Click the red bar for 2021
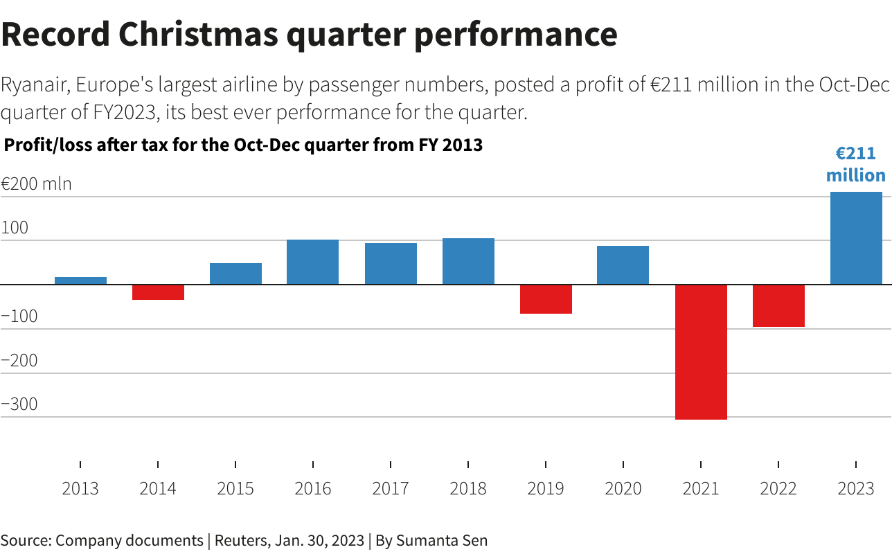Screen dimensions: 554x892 coord(701,352)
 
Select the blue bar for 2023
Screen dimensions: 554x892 coord(856,238)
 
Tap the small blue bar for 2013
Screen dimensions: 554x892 coord(80,280)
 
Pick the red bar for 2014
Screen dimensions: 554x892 coord(158,292)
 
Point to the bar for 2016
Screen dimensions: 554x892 coord(313,262)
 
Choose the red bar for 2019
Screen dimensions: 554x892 coord(546,299)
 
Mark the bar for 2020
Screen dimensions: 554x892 coord(623,265)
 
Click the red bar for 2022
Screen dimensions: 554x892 coord(778,305)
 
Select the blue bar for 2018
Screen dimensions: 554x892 coord(468,261)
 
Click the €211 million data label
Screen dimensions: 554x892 coord(856,164)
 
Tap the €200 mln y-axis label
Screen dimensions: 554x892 coord(36,184)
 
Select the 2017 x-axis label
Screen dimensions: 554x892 coord(391,489)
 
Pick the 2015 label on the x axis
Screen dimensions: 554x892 coord(235,489)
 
